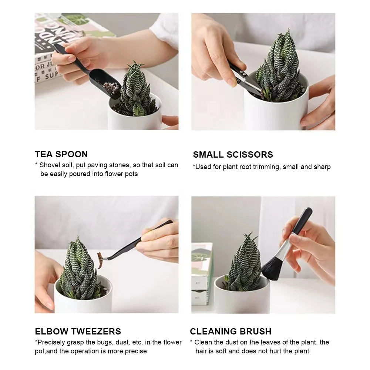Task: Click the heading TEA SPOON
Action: [x=61, y=154]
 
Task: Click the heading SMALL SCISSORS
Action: [x=233, y=155]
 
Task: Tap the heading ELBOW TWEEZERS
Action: [x=78, y=331]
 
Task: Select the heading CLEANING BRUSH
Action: [x=231, y=331]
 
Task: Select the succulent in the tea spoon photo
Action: [x=136, y=91]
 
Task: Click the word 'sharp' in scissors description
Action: [x=322, y=167]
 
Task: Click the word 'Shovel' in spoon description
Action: [x=49, y=165]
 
